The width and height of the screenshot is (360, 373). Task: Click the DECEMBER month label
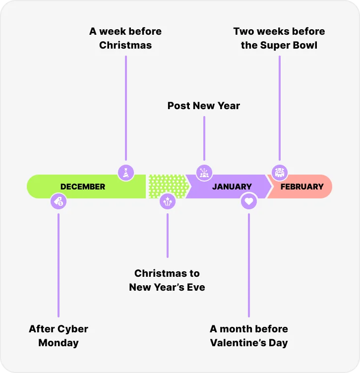point(83,186)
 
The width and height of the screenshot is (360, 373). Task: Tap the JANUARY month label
point(232,186)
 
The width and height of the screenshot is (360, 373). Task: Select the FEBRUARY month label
point(302,186)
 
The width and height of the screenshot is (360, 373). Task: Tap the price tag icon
point(59,201)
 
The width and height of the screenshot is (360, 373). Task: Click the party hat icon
point(126,173)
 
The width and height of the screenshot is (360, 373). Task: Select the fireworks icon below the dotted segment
point(168,201)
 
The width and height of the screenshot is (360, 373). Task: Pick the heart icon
point(249,201)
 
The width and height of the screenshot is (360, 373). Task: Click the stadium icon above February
point(280,173)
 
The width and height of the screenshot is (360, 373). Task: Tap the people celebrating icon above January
point(204,173)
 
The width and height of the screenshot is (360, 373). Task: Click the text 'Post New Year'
point(204,106)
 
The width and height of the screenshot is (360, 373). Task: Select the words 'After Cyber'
point(59,329)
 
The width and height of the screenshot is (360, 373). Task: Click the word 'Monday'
point(59,343)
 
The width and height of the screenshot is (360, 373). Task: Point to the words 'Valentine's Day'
point(249,343)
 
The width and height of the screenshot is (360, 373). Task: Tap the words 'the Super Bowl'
point(279,45)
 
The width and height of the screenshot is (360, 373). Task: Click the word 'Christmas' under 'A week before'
point(125,45)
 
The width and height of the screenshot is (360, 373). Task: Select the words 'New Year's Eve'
point(167,287)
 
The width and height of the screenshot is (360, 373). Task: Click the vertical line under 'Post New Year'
point(204,138)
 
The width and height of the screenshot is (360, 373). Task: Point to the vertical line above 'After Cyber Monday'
point(59,265)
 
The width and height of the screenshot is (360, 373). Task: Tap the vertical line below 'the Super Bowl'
point(280,108)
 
